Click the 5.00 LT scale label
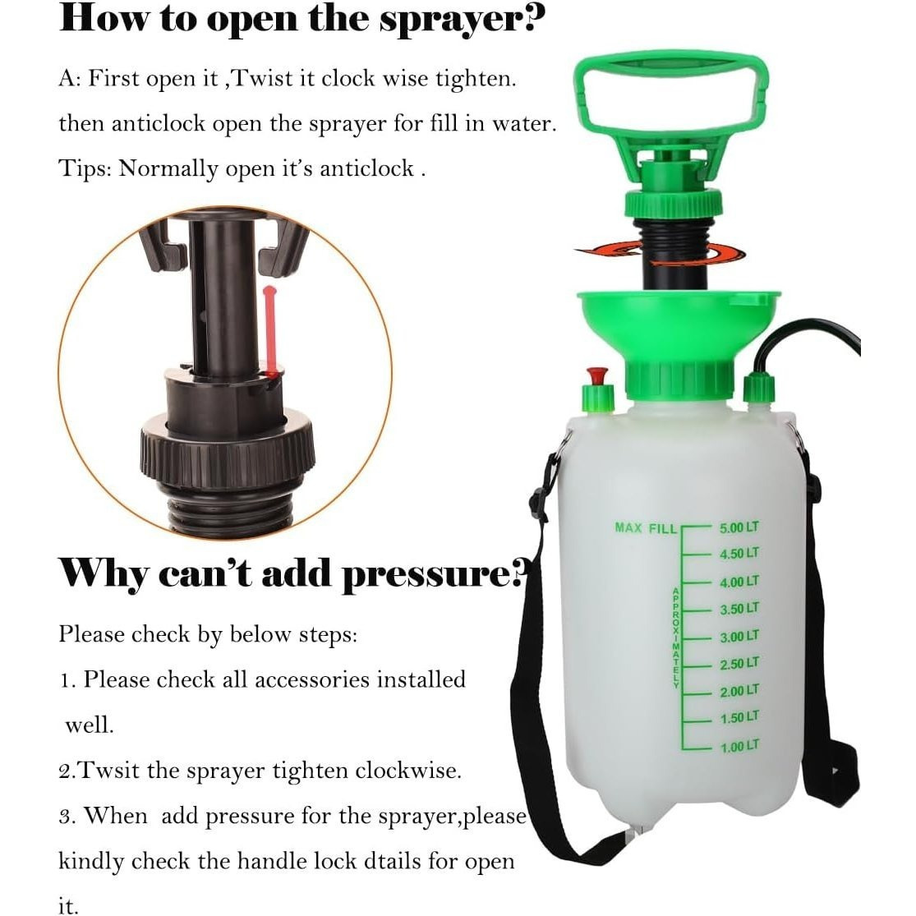(739, 527)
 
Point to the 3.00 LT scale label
(739, 636)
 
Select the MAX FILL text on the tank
(646, 528)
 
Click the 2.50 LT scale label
(739, 664)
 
